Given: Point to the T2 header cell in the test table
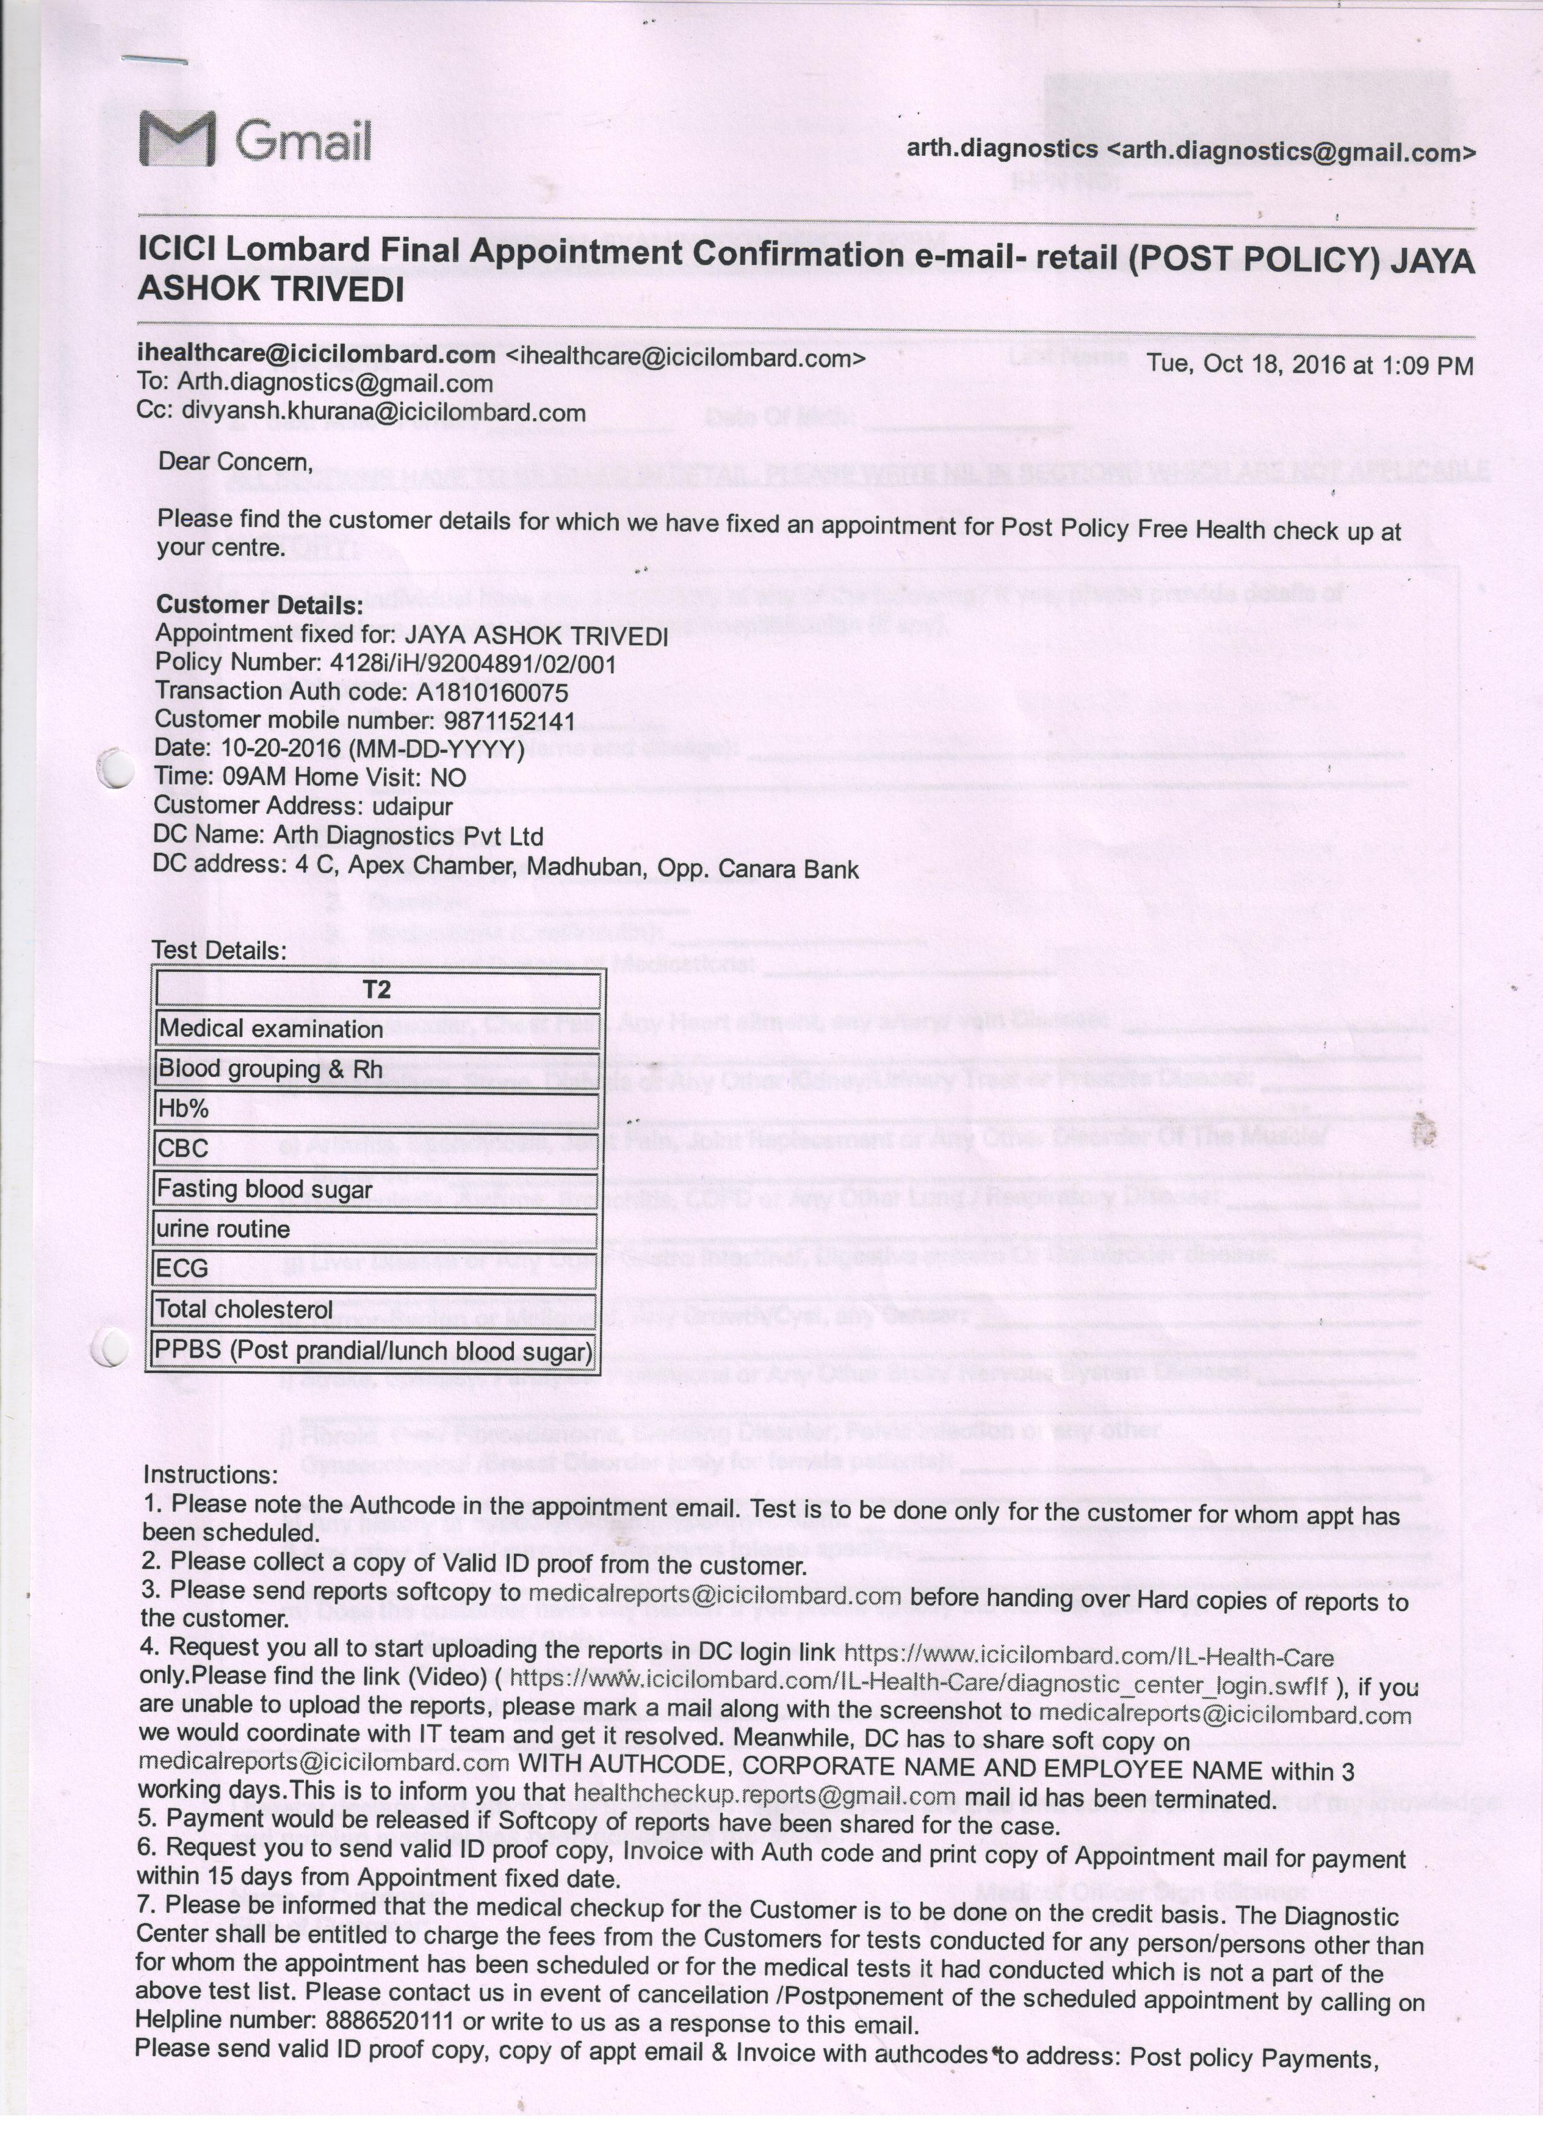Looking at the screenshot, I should coord(377,990).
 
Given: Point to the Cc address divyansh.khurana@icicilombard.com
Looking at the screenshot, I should coord(383,413).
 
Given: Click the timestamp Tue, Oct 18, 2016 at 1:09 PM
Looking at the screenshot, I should coord(1309,365).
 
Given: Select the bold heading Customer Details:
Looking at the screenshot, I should coord(259,604).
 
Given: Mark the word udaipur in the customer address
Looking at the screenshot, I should coord(413,807).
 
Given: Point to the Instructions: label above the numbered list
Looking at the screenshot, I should coord(209,1474).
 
